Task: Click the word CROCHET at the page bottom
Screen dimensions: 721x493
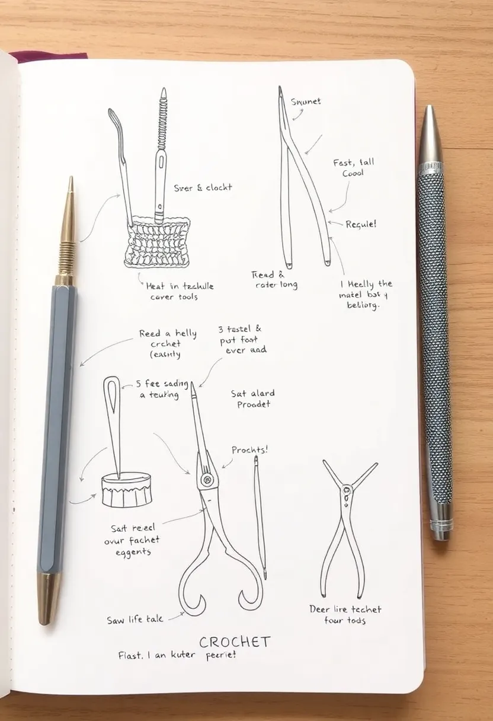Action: coord(235,642)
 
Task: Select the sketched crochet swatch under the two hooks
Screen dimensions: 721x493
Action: coord(157,243)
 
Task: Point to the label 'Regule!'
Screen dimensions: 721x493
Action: coord(360,225)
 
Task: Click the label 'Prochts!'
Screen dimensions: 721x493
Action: coord(249,450)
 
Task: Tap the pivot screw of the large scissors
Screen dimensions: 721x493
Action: coord(206,478)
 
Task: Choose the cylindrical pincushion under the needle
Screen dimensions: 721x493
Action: coord(126,489)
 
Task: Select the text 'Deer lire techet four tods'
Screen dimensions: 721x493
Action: coord(345,614)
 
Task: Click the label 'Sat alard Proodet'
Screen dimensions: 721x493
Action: coord(253,398)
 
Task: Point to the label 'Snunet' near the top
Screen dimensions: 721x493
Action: coord(306,101)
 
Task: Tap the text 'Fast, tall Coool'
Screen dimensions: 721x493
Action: coord(354,168)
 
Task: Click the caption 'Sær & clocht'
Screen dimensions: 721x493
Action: coord(203,187)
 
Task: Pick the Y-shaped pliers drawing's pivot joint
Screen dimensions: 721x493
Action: coord(346,490)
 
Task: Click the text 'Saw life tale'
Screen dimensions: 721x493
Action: coord(136,620)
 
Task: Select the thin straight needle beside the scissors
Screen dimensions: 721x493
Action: coord(260,516)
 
